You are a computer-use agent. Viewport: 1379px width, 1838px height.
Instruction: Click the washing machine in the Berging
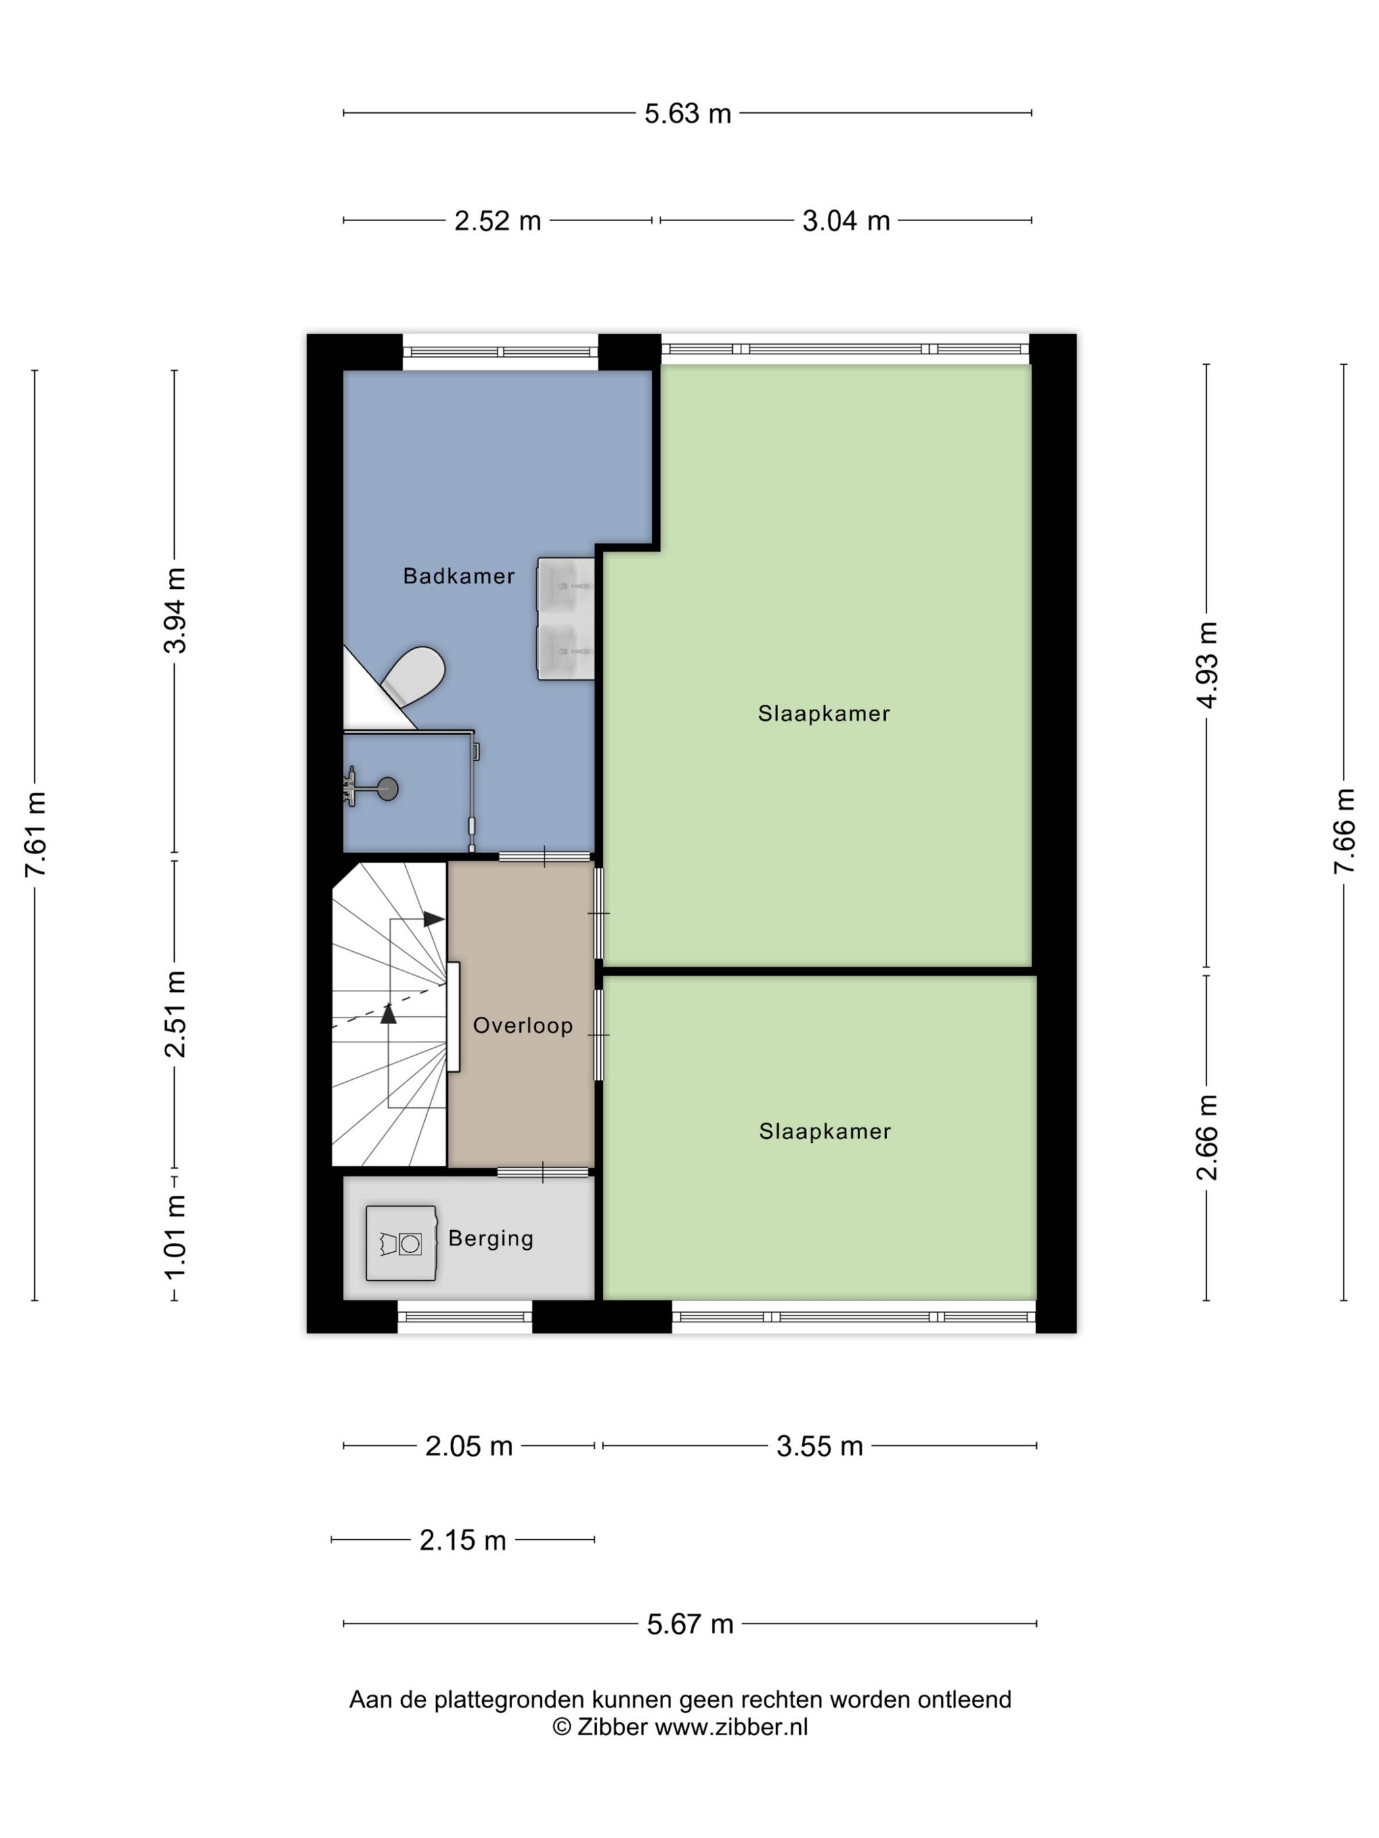click(401, 1243)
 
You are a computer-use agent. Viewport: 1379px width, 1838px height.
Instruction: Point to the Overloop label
click(523, 1025)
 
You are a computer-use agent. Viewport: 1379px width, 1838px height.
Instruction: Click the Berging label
click(491, 1238)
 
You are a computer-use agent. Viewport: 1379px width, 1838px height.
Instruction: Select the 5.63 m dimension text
click(688, 113)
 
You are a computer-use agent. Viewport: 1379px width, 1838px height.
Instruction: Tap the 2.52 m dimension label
click(497, 221)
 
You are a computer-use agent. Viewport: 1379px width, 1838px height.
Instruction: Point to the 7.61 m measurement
click(35, 834)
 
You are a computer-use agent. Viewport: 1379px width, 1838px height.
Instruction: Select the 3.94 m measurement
click(175, 610)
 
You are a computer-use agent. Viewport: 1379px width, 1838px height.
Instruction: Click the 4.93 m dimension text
click(1207, 665)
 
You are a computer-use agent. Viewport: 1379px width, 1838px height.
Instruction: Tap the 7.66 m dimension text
click(1344, 831)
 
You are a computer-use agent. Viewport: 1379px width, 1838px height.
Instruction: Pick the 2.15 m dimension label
click(462, 1540)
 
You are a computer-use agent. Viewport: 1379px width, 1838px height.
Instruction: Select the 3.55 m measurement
click(820, 1446)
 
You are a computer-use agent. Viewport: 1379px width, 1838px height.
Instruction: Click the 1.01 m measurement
click(175, 1237)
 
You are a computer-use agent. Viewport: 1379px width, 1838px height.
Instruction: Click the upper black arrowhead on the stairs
click(433, 919)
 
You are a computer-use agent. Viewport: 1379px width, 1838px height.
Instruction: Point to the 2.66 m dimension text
click(1207, 1137)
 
